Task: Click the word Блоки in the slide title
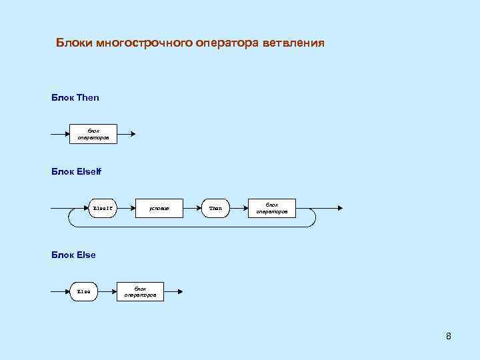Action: coord(74,44)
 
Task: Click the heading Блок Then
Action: coord(75,97)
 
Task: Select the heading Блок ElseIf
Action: coord(76,172)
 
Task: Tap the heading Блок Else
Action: coord(73,255)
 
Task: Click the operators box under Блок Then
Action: coord(93,134)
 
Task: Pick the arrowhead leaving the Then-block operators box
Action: coord(133,134)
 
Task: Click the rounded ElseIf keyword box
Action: coord(103,209)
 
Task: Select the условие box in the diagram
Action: coord(159,209)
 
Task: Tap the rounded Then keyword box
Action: coord(215,209)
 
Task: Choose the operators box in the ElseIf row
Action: coord(271,209)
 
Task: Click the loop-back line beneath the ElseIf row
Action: coord(193,227)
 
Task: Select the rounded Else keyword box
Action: coord(84,291)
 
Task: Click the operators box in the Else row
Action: coord(140,291)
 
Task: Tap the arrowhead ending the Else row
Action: coord(179,291)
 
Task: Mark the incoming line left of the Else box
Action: coord(60,291)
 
